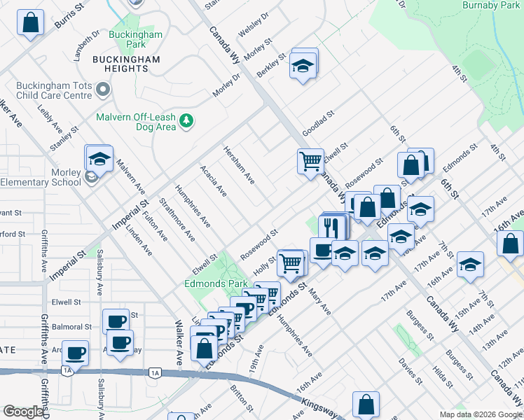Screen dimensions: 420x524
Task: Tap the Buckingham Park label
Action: point(136,40)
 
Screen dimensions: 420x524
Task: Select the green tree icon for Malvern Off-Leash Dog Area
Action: point(186,122)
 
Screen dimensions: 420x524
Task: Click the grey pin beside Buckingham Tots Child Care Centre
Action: point(104,89)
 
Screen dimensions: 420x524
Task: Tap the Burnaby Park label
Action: point(491,5)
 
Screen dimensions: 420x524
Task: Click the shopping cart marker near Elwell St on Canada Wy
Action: point(309,162)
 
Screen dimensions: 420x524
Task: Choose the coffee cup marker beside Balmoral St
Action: point(116,321)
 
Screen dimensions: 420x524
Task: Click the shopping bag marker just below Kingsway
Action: point(366,404)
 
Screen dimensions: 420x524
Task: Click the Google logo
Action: point(23,412)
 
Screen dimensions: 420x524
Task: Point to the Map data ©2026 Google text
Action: point(480,414)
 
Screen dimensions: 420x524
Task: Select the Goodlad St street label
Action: point(319,123)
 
